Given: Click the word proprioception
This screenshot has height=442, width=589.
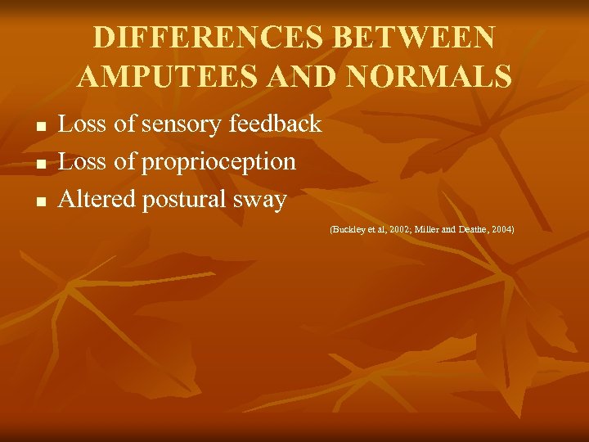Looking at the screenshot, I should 218,163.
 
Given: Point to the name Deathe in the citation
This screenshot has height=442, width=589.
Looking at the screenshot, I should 472,230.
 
